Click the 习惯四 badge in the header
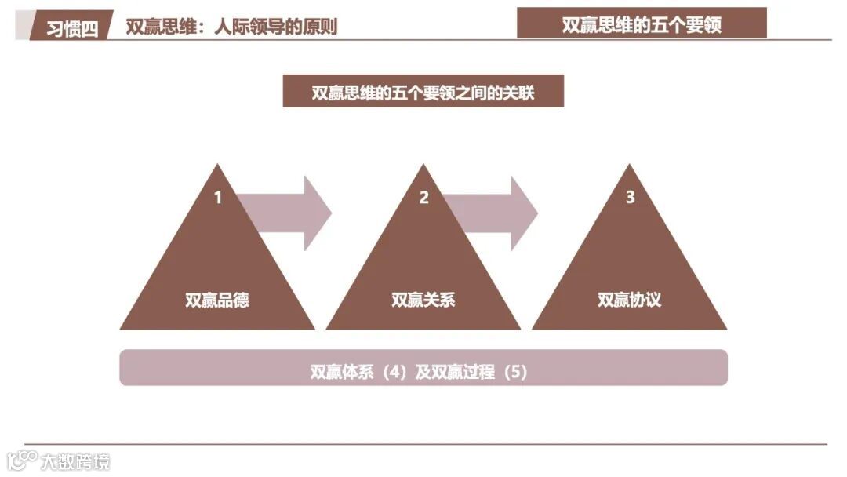point(71,28)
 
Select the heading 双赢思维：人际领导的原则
point(231,27)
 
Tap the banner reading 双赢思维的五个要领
point(642,24)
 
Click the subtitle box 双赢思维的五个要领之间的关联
point(423,93)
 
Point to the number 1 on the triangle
point(218,198)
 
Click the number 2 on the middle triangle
point(424,198)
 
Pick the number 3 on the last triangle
point(630,198)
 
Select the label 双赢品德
point(217,300)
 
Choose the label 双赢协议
point(629,300)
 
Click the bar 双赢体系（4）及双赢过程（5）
point(423,368)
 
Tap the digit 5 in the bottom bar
point(514,372)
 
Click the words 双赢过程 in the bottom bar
point(464,372)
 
